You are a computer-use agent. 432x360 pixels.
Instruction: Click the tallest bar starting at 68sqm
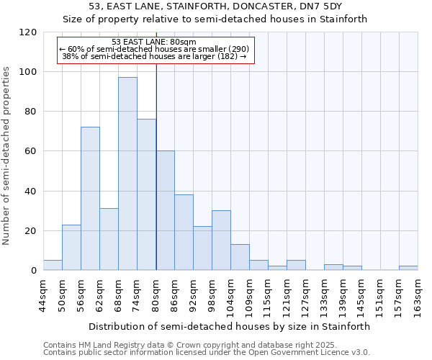click(127, 174)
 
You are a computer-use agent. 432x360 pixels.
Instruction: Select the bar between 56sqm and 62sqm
click(90, 199)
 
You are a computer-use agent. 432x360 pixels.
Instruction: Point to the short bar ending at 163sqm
click(408, 268)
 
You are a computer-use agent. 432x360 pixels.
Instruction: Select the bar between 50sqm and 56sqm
click(71, 248)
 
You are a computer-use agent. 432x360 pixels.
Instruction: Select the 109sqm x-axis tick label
click(249, 295)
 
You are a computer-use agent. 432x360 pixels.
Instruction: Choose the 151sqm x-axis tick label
click(380, 295)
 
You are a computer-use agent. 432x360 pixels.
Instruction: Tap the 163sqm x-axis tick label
click(418, 295)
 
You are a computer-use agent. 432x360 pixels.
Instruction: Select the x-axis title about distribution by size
click(230, 326)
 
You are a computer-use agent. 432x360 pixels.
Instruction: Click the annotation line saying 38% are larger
click(154, 55)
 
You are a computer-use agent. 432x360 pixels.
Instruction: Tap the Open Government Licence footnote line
click(207, 352)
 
